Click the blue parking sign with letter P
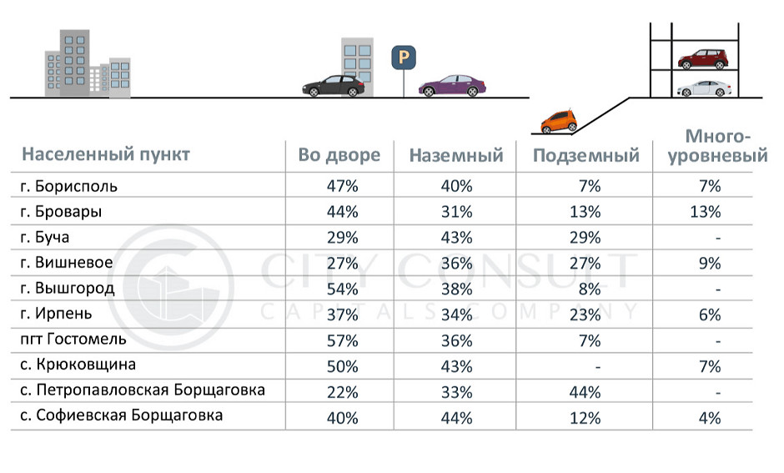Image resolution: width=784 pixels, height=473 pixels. point(404,58)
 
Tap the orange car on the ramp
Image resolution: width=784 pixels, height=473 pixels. point(558,122)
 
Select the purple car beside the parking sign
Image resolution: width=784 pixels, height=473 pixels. point(451,86)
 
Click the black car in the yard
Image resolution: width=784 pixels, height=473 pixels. point(333,86)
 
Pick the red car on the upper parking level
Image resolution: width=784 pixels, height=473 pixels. point(703,59)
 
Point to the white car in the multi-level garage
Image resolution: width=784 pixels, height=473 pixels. point(703,88)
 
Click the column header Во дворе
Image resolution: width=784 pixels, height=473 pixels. point(339,155)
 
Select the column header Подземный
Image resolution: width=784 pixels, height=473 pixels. point(586,155)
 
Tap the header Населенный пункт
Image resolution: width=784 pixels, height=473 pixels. point(106,154)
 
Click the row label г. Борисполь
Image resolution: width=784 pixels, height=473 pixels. point(70,186)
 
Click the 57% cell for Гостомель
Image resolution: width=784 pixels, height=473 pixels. point(343,340)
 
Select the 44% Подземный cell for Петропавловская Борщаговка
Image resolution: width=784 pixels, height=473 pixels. point(586,391)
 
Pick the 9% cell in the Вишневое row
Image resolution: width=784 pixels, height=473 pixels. point(711,264)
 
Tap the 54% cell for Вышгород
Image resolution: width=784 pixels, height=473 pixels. point(343,289)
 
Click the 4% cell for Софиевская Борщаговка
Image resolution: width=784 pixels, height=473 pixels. point(711,417)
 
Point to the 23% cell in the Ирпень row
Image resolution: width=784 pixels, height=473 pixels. point(586,314)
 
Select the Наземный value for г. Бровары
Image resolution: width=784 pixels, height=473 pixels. point(456,212)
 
